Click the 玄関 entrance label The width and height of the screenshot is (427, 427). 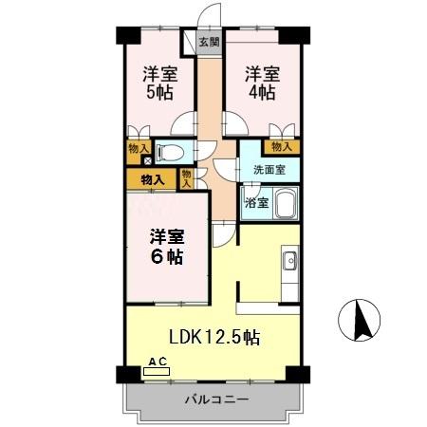click(210, 42)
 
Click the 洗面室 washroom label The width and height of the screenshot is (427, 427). click(269, 171)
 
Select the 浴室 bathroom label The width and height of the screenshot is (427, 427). click(256, 201)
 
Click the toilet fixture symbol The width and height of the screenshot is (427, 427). click(171, 151)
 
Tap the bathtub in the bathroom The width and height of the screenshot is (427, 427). click(286, 203)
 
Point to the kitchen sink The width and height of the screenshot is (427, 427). click(289, 261)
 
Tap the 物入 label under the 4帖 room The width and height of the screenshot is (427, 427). click(281, 146)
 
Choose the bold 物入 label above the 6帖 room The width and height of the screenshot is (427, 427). click(151, 177)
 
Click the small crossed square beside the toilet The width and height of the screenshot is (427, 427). click(145, 160)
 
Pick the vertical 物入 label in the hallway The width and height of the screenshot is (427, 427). click(187, 177)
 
